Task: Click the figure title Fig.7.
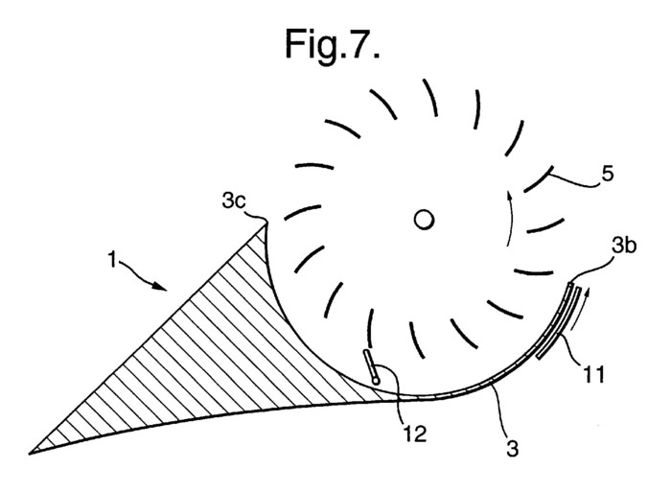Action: coord(332,45)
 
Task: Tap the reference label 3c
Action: coord(234,201)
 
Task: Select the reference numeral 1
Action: coord(111,260)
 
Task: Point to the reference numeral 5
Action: coord(607,174)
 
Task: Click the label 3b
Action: coord(624,246)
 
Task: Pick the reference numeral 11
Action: coord(593,374)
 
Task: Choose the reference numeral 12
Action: coord(414,434)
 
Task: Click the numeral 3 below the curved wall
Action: coord(512,449)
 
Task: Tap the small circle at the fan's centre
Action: coord(424,220)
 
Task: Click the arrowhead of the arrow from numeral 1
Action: coord(160,286)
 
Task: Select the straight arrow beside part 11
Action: coord(578,310)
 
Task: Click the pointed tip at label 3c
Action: coord(266,223)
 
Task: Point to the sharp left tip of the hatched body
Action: coord(30,454)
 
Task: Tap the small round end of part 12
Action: coord(376,380)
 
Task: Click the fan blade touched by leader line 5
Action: coord(539,178)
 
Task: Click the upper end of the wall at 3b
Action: coord(570,284)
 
